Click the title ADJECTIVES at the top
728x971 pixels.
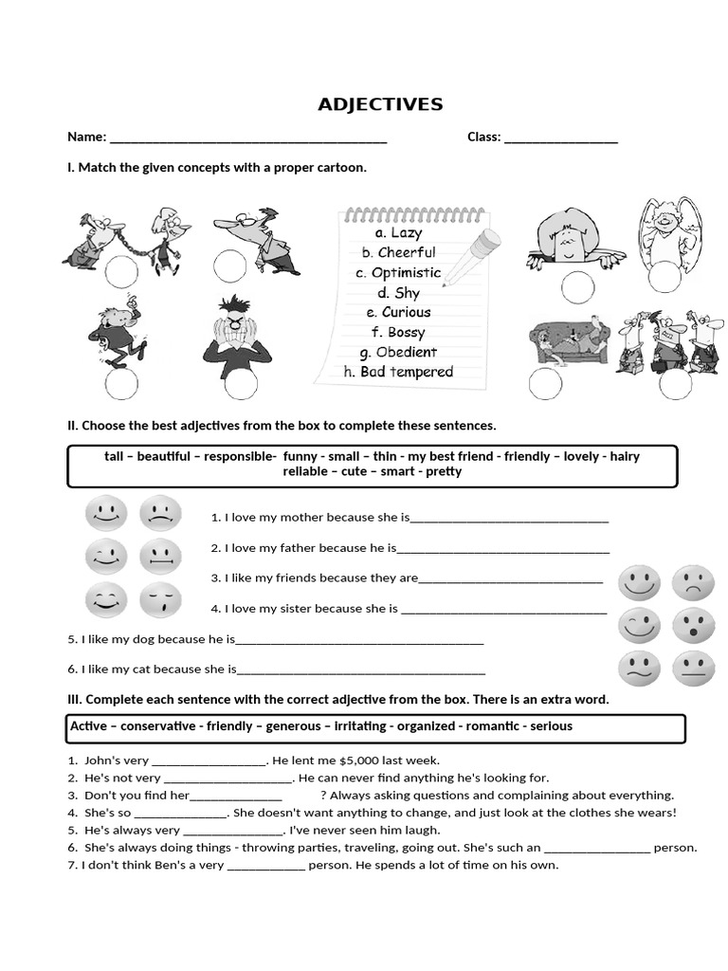pyautogui.click(x=379, y=104)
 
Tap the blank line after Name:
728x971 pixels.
pyautogui.click(x=248, y=138)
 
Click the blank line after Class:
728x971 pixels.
pyautogui.click(x=561, y=138)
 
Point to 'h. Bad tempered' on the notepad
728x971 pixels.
pyautogui.click(x=398, y=372)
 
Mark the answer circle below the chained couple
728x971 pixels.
pyautogui.click(x=121, y=272)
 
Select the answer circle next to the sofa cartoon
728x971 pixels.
pyautogui.click(x=545, y=382)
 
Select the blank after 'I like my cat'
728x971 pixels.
pyautogui.click(x=361, y=670)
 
